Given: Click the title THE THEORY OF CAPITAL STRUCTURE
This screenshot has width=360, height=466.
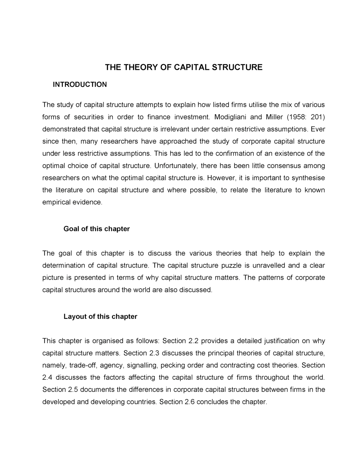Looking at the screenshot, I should [x=184, y=67].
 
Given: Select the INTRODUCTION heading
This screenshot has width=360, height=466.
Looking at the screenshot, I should [x=79, y=84].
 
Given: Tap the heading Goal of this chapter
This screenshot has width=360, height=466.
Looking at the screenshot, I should [x=96, y=229].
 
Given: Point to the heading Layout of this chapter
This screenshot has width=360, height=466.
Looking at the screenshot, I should [x=100, y=316].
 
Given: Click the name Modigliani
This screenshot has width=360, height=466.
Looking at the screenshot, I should [x=230, y=117].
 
